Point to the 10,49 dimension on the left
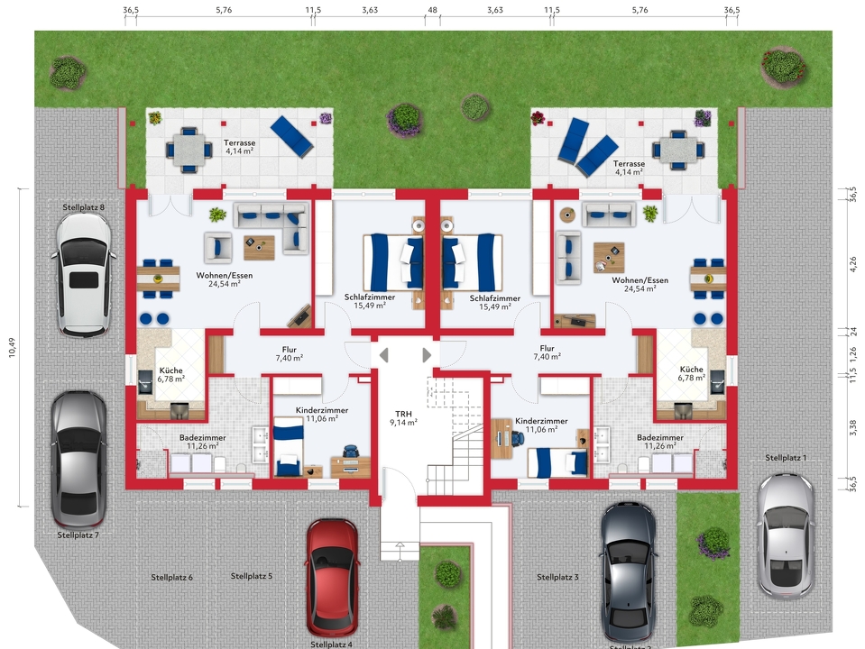coord(13,348)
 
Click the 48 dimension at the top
coord(432,10)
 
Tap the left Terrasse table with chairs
coord(189,150)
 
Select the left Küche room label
coord(171,374)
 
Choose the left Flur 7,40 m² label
coord(289,353)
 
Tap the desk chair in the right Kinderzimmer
coord(516,436)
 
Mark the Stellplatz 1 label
coord(786,458)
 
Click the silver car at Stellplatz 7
coord(78,458)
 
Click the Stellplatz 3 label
coord(557,577)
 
